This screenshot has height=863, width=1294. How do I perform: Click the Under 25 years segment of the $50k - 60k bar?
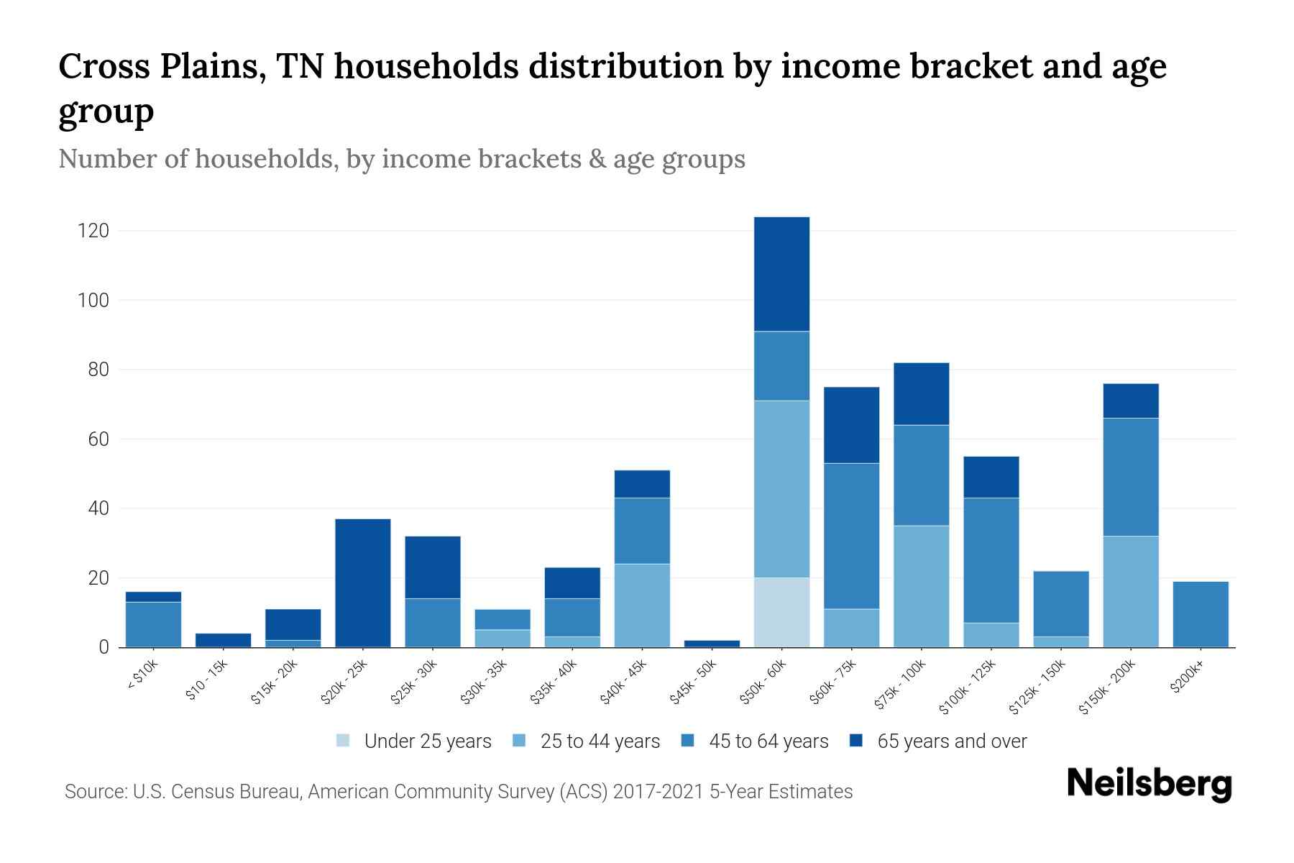point(781,612)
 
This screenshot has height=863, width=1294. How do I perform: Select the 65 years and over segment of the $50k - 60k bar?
point(781,274)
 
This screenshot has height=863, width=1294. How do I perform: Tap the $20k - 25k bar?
point(363,583)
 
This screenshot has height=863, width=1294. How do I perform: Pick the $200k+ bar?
point(1201,615)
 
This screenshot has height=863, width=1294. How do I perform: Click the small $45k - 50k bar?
point(712,644)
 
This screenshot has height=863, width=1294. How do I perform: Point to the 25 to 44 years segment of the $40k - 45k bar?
point(642,606)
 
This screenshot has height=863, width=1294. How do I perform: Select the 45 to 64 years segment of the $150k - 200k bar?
point(1131,477)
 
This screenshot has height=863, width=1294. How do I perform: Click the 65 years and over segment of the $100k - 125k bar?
point(991,478)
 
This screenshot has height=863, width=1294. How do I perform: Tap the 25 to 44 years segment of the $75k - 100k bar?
point(922,586)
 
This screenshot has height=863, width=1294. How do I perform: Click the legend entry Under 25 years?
point(427,741)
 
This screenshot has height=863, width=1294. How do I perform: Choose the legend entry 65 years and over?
point(951,741)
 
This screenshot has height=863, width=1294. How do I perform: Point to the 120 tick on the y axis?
point(93,231)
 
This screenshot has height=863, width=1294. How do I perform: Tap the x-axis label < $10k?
point(143,675)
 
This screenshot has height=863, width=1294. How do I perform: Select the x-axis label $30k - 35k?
point(484,682)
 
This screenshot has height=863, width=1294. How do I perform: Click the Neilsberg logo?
point(1149,784)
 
